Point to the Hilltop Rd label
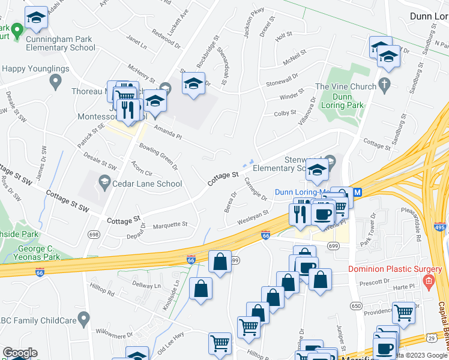pyautogui.click(x=103, y=292)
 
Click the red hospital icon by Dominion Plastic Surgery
pyautogui.click(x=428, y=281)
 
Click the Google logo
pyautogui.click(x=20, y=353)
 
